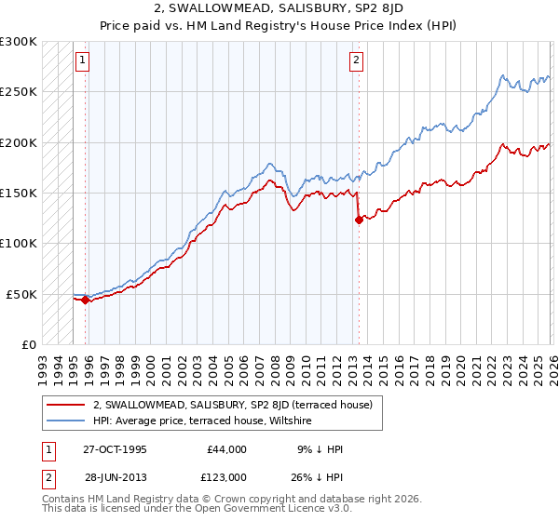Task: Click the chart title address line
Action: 279,8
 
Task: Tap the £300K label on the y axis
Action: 19,42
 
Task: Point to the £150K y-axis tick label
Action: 19,194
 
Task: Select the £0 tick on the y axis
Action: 28,344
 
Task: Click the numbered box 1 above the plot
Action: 82,60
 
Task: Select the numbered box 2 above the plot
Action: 356,60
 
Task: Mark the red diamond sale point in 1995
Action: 85,300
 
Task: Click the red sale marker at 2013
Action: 359,220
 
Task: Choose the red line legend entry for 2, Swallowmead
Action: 233,405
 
